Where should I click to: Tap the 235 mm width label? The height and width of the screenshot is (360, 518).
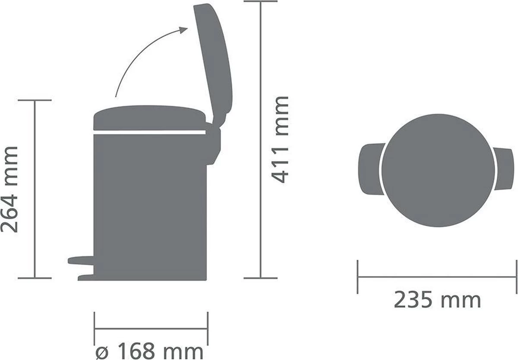click(x=437, y=300)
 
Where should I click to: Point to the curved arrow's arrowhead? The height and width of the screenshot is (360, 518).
click(x=183, y=30)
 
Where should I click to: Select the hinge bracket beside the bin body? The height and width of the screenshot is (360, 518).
click(x=214, y=142)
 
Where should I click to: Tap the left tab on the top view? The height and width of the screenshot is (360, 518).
click(x=368, y=166)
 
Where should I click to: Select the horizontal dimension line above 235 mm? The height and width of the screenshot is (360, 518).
click(x=437, y=277)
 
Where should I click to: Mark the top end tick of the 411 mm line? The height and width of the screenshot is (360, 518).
click(x=260, y=1)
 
